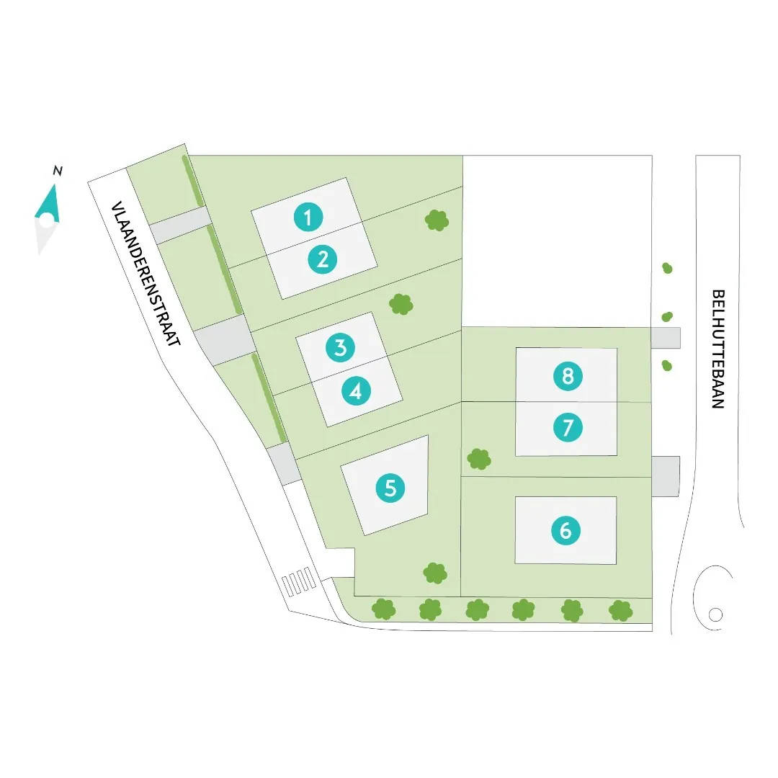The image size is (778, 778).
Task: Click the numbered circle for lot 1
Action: (x=308, y=217)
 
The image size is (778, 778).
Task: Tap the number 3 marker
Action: (x=340, y=348)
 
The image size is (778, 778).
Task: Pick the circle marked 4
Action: (x=356, y=391)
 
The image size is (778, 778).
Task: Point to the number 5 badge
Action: (x=390, y=488)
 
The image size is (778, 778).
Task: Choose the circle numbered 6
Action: (x=565, y=531)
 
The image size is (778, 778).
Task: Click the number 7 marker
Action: (x=568, y=428)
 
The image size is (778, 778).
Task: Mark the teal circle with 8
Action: (x=568, y=375)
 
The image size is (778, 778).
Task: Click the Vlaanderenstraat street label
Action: (x=144, y=274)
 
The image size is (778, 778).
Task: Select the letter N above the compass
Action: (x=58, y=171)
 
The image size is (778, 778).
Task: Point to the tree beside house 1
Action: (x=436, y=220)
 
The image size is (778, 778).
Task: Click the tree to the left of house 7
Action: (x=479, y=458)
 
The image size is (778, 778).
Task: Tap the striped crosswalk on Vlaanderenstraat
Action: (x=298, y=581)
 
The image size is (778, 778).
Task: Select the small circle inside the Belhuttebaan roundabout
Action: (x=715, y=614)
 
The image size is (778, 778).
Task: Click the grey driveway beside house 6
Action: (x=666, y=475)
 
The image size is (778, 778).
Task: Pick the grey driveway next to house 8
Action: (x=666, y=337)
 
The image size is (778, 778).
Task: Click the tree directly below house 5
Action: (x=434, y=573)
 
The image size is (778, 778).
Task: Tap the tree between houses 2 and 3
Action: (x=401, y=304)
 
